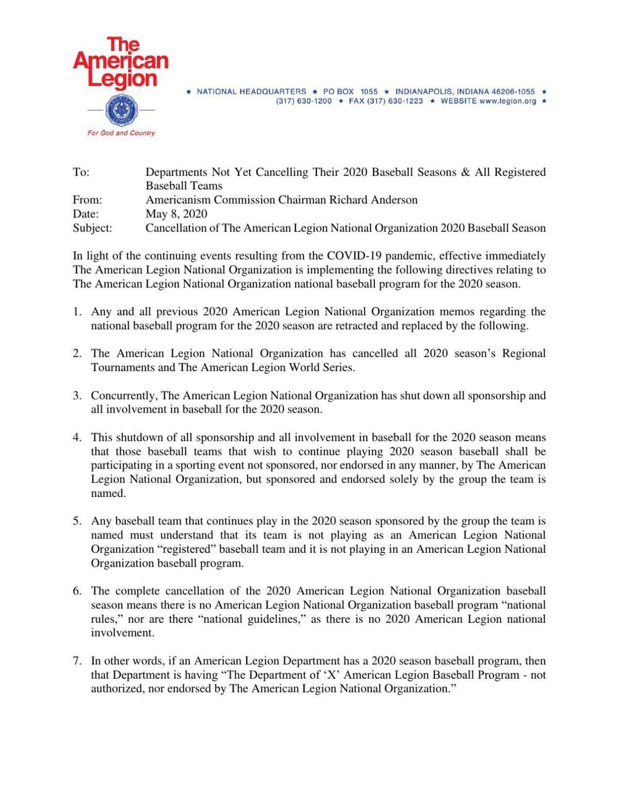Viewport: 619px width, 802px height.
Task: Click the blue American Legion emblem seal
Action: click(121, 110)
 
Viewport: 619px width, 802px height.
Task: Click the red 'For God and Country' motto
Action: click(121, 133)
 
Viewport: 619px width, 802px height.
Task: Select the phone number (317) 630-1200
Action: click(304, 101)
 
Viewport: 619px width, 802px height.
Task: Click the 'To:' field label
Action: click(81, 172)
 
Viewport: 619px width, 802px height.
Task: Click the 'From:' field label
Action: click(87, 200)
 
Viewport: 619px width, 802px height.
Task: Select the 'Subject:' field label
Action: click(92, 228)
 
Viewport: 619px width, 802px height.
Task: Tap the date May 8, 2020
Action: click(176, 214)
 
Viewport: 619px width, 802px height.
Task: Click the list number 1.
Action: click(77, 312)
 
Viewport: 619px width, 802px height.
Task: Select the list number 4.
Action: click(77, 438)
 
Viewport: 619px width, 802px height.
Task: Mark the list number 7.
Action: click(77, 661)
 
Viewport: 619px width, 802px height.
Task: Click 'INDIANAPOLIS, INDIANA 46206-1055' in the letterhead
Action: click(465, 91)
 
